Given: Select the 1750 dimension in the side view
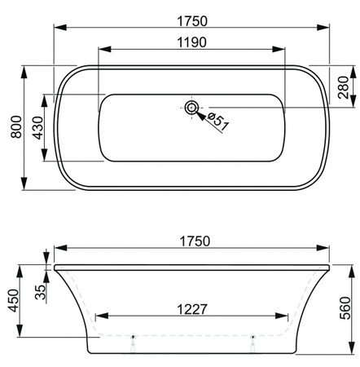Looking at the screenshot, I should point(194,242).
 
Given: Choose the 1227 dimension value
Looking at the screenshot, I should point(192,309).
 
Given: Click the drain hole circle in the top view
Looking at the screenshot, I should point(191,107).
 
